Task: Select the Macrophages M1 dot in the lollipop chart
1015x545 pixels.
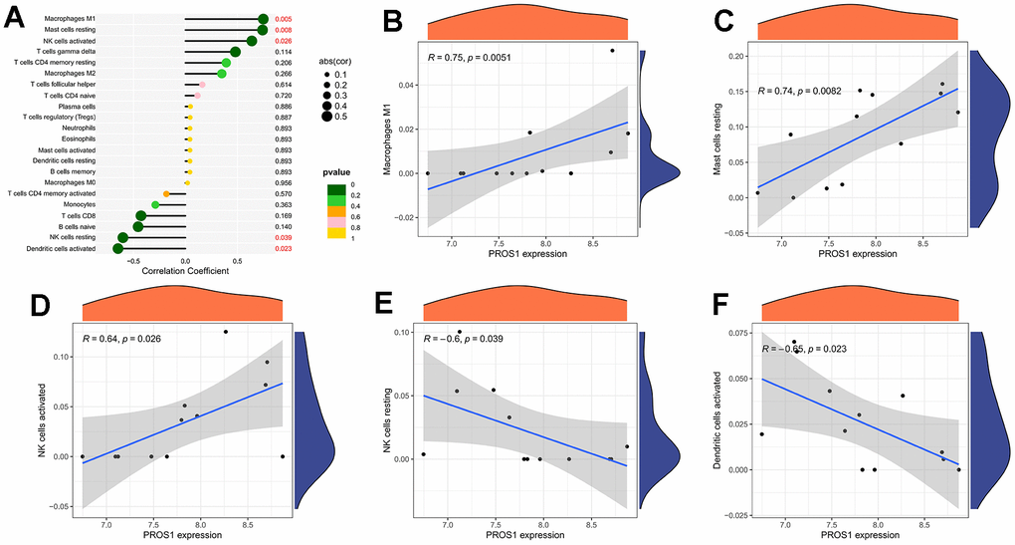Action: click(263, 19)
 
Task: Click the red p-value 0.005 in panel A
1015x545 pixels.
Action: click(284, 19)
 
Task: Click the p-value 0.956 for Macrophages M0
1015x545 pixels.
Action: click(284, 183)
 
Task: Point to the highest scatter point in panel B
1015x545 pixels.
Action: click(612, 50)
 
